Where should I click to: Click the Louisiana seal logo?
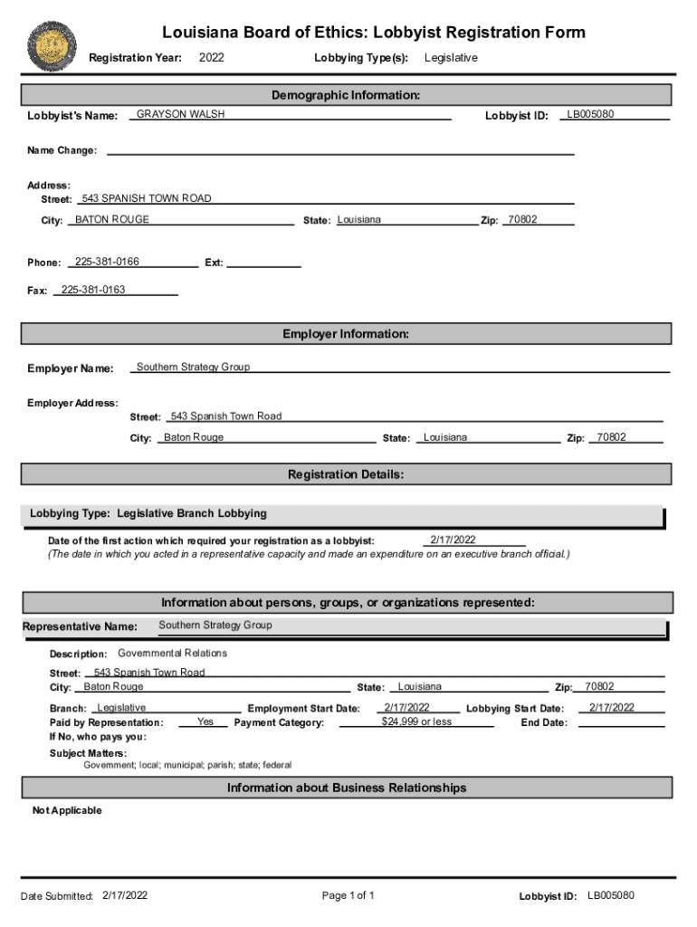pos(52,46)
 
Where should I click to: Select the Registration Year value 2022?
pos(211,58)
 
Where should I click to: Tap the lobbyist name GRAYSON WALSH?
pos(180,115)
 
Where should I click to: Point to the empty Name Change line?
pos(339,150)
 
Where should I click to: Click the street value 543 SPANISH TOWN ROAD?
pos(147,198)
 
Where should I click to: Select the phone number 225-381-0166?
pos(107,262)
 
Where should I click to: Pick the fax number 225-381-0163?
pos(93,290)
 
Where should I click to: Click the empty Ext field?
pos(263,263)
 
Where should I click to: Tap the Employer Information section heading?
pos(346,334)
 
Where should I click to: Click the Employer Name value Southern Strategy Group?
pos(193,367)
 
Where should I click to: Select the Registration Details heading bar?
pos(346,474)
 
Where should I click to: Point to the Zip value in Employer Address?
pos(611,437)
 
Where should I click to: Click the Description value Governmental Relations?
pos(172,653)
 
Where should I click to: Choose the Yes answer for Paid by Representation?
pos(205,722)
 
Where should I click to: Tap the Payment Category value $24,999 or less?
pos(416,722)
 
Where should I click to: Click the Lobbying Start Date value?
pos(611,708)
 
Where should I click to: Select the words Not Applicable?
pos(67,810)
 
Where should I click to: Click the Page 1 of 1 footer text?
pos(348,896)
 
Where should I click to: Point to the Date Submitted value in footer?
pos(125,896)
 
